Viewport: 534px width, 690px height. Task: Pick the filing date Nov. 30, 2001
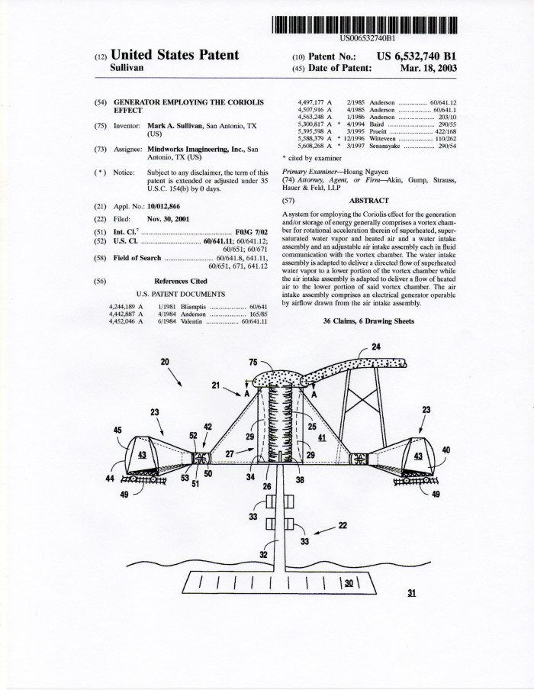[x=171, y=219]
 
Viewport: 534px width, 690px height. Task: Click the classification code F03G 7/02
[x=251, y=231]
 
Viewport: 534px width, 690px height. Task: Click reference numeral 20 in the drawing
[x=164, y=361]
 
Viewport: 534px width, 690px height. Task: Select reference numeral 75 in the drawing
[x=254, y=363]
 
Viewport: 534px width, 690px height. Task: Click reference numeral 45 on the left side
[x=117, y=430]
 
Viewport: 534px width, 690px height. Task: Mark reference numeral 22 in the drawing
[x=343, y=524]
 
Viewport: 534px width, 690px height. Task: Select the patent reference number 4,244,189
[x=126, y=307]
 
